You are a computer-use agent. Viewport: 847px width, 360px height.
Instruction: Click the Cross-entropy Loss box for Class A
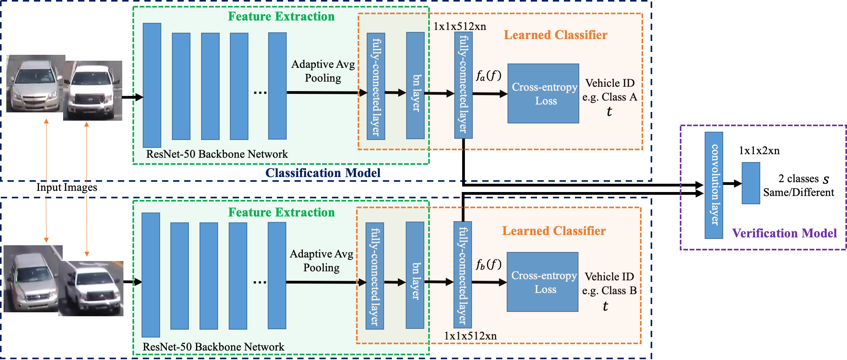543,93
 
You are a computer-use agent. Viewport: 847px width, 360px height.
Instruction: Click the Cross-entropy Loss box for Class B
542,282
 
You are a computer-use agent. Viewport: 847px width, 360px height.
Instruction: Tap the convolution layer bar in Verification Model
714,185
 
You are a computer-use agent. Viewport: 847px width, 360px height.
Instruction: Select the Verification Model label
784,233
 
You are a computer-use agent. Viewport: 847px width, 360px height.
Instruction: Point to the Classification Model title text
323,173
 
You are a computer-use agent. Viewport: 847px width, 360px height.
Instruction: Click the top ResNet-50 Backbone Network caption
217,154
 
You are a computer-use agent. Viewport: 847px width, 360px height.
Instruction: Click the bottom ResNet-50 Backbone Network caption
213,347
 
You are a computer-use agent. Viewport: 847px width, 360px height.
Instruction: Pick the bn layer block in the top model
415,86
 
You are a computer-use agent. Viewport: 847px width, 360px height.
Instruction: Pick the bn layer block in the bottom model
415,275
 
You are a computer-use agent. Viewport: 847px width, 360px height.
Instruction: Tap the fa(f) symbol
488,75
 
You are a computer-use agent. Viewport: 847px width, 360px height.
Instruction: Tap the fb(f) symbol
488,264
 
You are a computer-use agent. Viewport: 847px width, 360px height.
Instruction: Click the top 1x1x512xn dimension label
459,26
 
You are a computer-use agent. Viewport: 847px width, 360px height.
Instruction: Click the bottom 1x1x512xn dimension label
470,336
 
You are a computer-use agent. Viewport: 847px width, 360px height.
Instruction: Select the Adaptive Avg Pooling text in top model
323,71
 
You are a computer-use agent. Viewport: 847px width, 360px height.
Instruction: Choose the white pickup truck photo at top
93,90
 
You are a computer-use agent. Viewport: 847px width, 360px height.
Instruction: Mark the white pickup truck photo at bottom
91,288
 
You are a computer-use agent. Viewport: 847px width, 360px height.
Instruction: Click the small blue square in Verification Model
750,183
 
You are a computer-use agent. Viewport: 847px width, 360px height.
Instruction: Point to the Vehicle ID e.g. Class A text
610,90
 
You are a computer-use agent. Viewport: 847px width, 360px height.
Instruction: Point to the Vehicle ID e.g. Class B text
609,284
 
